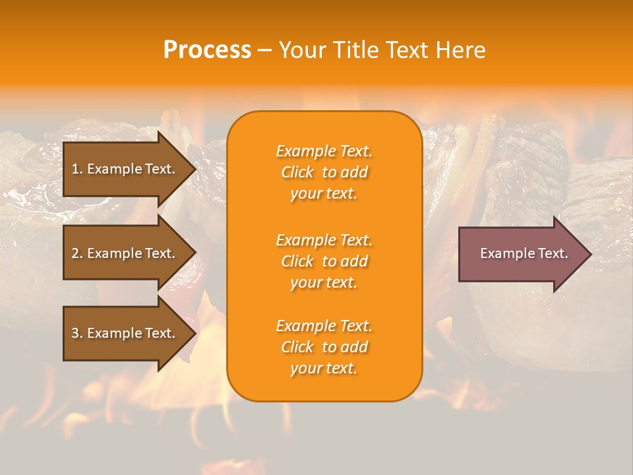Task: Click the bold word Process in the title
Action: point(207,50)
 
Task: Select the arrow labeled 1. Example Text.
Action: point(123,169)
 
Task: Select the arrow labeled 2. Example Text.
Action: point(123,253)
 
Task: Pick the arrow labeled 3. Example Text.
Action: point(123,333)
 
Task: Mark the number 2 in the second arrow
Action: point(75,253)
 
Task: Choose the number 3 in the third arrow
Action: point(75,333)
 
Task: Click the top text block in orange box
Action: point(324,172)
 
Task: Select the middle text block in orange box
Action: point(324,261)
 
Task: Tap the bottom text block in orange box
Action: point(324,347)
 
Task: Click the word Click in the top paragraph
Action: point(297,172)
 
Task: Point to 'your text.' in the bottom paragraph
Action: point(324,368)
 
